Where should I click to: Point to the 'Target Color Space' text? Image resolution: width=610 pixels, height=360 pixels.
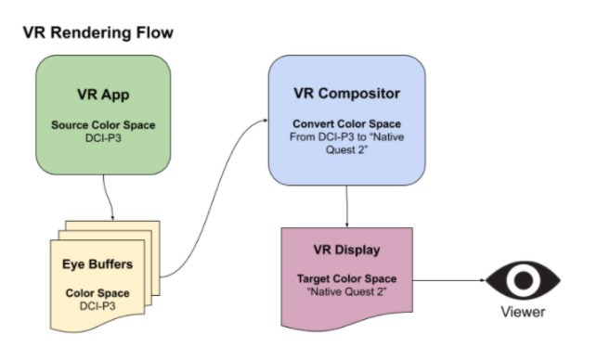(347, 278)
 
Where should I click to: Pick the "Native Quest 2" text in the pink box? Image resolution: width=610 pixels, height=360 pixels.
(347, 292)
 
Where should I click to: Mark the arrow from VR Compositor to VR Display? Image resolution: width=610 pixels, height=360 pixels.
(347, 205)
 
